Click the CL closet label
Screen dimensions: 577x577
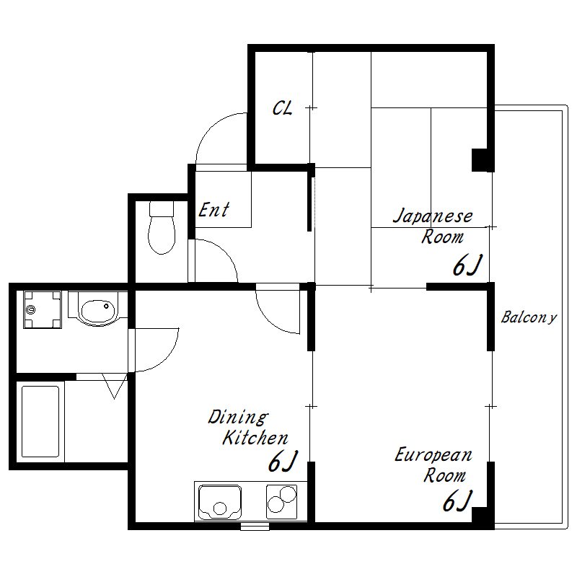282,108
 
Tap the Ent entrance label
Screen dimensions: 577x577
213,210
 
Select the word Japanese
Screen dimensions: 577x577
433,216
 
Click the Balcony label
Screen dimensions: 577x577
529,317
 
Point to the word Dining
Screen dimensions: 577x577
238,418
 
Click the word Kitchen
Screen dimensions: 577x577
255,438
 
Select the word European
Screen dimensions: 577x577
433,455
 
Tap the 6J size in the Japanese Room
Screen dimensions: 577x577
467,265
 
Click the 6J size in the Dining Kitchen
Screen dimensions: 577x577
282,461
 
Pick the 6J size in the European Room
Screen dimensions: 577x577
457,501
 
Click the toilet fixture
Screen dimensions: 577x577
161,227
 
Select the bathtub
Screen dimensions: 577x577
40,421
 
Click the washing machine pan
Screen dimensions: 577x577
43,309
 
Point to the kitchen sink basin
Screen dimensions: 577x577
220,502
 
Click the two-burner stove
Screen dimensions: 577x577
281,502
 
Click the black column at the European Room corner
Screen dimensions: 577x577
483,518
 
